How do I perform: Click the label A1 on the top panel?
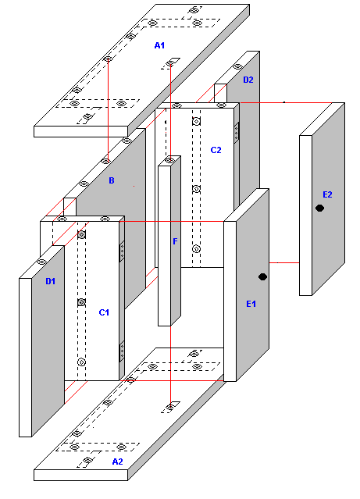159,45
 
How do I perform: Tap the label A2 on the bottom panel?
117,462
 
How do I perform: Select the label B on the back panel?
112,180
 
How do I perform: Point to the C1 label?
104,312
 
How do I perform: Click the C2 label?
216,150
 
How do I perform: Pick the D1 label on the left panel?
50,281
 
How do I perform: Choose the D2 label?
248,80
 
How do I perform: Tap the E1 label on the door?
251,304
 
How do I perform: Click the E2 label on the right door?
327,194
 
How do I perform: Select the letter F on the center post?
175,241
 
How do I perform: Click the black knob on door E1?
262,277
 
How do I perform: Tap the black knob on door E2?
320,209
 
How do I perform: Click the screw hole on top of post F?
169,160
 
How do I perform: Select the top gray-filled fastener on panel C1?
81,235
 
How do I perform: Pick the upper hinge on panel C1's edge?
122,251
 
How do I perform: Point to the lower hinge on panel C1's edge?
122,351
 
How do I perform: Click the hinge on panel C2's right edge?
236,133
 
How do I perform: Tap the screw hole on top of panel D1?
41,262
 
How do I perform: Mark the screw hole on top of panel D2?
237,66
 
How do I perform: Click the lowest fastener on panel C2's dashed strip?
196,249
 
